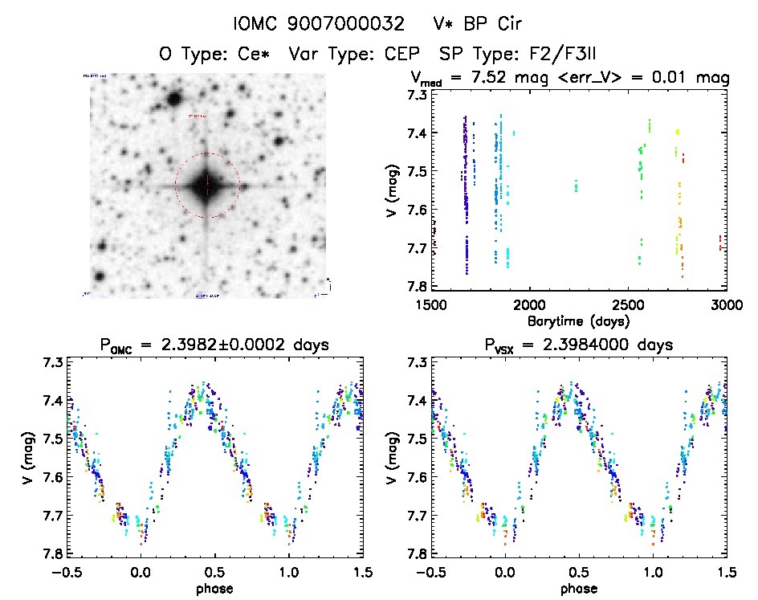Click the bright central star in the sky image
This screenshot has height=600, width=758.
pyautogui.click(x=207, y=186)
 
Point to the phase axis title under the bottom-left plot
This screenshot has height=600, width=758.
pyautogui.click(x=214, y=587)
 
